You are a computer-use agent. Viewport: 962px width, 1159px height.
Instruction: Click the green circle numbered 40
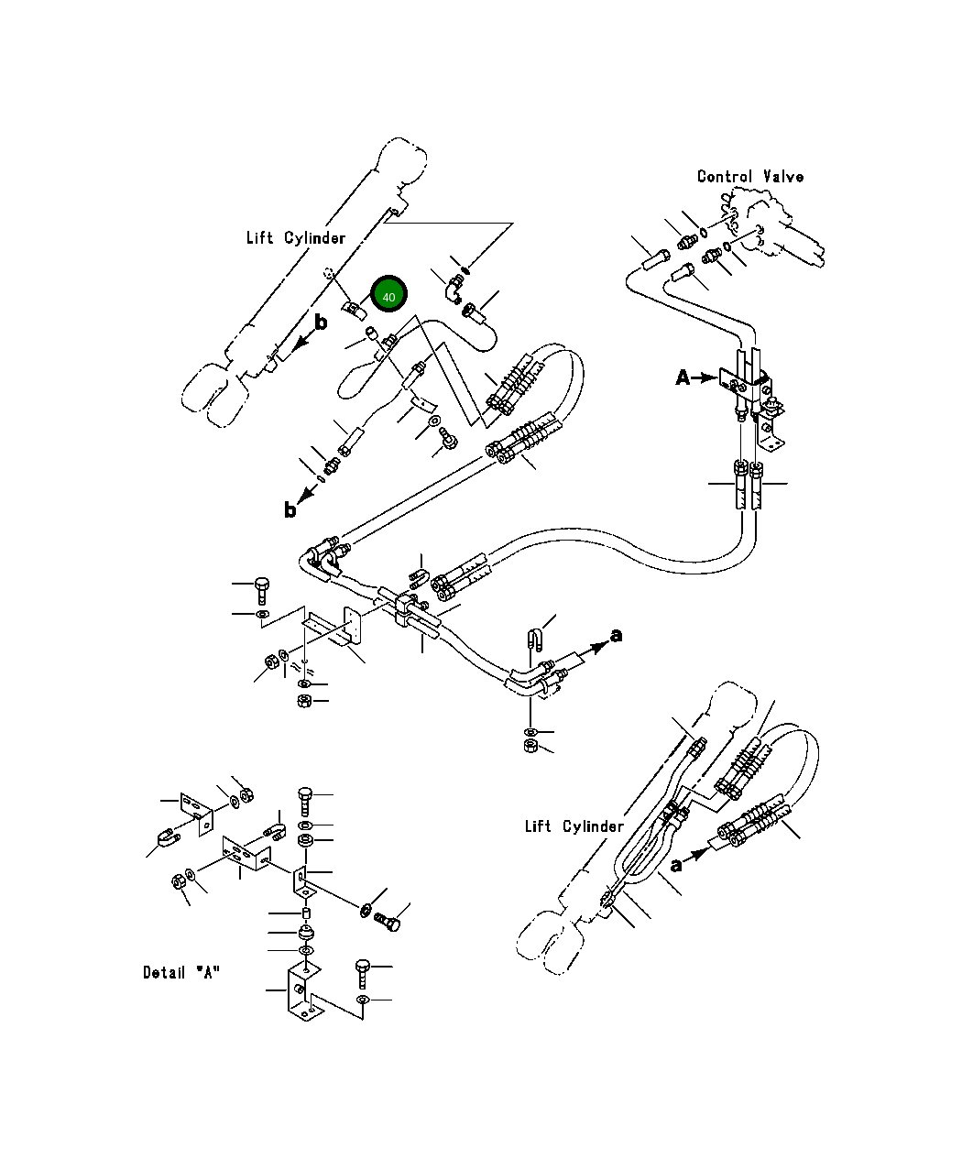coord(388,293)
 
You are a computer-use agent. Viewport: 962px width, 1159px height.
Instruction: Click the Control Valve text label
coord(750,177)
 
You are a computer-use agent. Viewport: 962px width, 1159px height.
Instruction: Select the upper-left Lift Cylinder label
coord(295,238)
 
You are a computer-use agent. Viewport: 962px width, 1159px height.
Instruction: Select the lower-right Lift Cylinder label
coord(574,826)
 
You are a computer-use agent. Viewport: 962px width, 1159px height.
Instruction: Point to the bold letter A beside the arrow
coord(683,378)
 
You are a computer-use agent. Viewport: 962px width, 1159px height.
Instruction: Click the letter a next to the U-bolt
coord(617,635)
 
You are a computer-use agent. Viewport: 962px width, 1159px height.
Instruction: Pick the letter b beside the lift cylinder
coord(321,322)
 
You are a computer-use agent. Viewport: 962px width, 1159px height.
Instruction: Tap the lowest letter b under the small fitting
coord(290,509)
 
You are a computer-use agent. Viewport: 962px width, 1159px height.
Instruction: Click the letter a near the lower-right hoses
coord(676,866)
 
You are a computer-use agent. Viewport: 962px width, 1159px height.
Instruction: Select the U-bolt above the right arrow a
coord(533,640)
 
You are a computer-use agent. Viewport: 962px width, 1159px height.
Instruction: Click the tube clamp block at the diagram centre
coord(407,609)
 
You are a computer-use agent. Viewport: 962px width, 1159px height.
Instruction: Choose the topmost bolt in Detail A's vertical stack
coord(305,802)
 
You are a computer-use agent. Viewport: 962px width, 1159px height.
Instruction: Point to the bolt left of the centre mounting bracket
coord(262,591)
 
